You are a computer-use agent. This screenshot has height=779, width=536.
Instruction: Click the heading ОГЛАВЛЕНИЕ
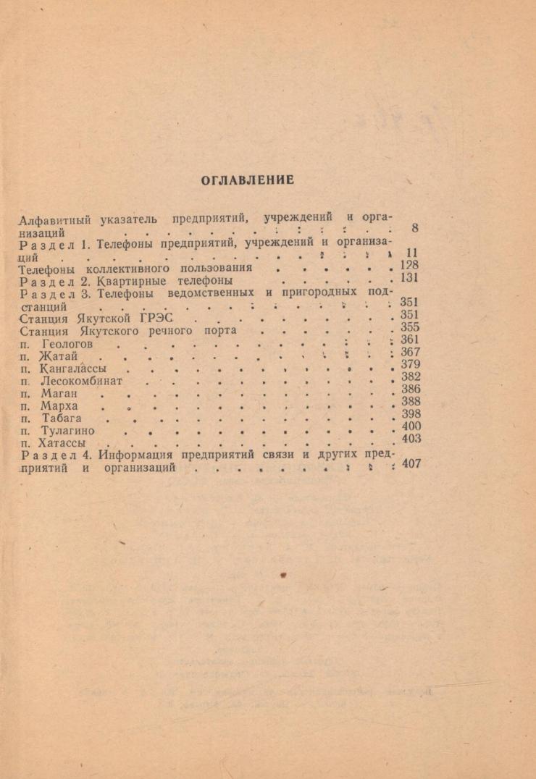[x=247, y=180]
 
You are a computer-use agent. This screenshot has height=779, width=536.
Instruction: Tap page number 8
[x=415, y=228]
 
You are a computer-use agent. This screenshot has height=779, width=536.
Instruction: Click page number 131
[x=410, y=277]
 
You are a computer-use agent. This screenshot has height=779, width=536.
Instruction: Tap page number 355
[x=410, y=327]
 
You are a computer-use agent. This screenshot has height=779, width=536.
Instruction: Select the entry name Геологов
[x=68, y=345]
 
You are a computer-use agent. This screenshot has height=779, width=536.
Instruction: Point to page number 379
[x=411, y=364]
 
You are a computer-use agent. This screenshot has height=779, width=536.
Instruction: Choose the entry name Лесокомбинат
[x=83, y=381]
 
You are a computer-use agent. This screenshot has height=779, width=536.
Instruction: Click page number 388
[x=411, y=401]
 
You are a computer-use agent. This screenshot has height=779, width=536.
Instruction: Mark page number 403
[x=411, y=438]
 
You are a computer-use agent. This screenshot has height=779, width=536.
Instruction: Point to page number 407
[x=411, y=463]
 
